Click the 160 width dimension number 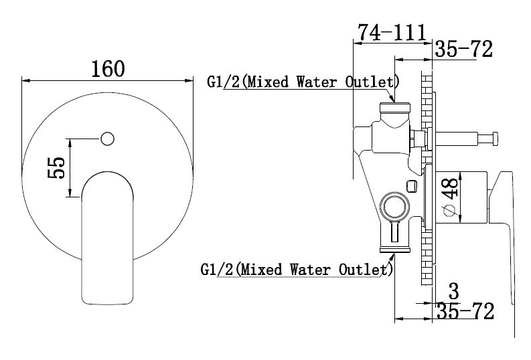coord(108,69)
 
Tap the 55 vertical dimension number coord(56,167)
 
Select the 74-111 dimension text coord(392,33)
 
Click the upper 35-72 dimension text coord(463,49)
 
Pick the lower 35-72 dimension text coord(465,311)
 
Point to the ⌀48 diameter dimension coord(451,196)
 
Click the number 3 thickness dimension coord(453,291)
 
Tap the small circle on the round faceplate coord(107,139)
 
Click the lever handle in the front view coord(107,238)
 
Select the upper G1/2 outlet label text coord(303,82)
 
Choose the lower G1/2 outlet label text coord(297,270)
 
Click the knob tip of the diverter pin coord(495,139)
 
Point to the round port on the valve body coord(395,206)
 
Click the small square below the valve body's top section coord(411,186)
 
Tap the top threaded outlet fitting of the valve coord(395,108)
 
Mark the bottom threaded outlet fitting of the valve coord(395,250)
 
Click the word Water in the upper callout coord(317,82)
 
